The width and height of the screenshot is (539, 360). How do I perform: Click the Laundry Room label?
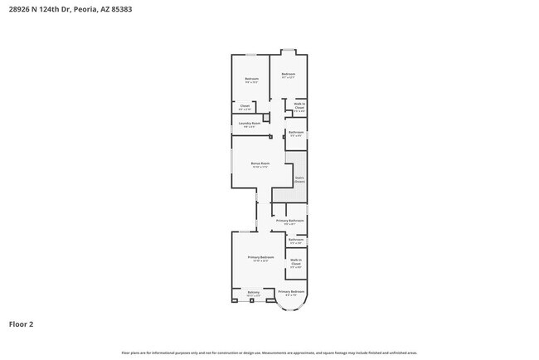[x=245, y=124]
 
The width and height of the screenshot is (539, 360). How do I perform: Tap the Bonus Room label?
[x=260, y=164]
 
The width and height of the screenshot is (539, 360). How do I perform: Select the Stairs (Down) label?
[x=299, y=178]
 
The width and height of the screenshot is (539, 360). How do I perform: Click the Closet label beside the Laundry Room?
[x=245, y=106]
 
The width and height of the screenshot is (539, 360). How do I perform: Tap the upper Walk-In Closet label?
[x=299, y=107]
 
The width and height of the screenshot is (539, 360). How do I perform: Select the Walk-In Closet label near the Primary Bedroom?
[x=296, y=263]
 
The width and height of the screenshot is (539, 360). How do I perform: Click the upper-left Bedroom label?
[x=251, y=80]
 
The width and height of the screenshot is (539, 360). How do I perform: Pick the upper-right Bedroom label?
[x=289, y=75]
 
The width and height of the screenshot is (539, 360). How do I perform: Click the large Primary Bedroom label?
[x=260, y=258]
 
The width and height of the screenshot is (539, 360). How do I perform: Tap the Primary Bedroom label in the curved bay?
[x=292, y=292]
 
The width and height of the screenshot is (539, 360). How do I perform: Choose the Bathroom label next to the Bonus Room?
[x=296, y=133]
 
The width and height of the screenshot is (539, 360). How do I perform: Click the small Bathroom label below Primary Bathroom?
[x=296, y=241]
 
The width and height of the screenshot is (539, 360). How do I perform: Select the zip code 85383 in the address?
[x=119, y=9]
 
